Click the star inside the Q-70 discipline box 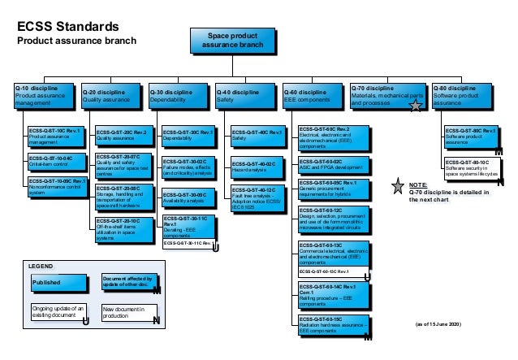415,105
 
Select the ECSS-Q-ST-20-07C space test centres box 123,166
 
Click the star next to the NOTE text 397,187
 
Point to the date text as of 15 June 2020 437,325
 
